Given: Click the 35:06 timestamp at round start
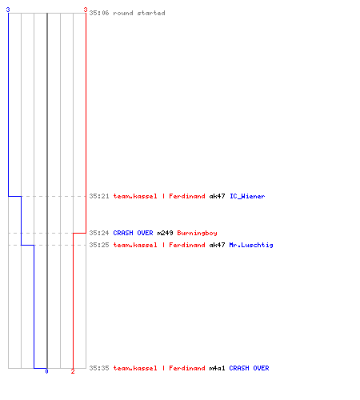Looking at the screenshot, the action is (x=99, y=13).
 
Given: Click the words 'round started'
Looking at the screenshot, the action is (x=139, y=13).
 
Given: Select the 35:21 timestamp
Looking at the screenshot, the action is (x=99, y=196).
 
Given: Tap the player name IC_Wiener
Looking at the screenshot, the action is (x=247, y=196).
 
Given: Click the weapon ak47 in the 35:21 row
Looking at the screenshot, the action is (x=217, y=196).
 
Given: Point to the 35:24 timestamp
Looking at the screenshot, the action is (x=99, y=233).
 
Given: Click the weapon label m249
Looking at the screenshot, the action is (x=165, y=233).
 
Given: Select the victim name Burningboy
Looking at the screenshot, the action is (x=197, y=233).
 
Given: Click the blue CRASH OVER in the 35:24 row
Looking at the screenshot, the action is (x=133, y=233).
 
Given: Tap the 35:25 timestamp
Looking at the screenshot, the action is (x=99, y=245).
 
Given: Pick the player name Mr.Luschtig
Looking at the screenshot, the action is (x=251, y=245).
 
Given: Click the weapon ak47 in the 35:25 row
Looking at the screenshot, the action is (x=217, y=245).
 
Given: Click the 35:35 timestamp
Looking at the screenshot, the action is (x=99, y=368).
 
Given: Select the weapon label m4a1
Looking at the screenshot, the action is (x=217, y=368).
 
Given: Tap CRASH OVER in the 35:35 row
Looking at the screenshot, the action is (x=249, y=368).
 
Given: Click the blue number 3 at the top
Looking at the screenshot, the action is (x=8, y=10).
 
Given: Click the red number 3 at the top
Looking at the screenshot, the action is (x=86, y=10).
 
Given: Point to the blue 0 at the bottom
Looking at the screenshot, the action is (x=46, y=371).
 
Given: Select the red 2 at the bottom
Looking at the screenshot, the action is (x=73, y=371).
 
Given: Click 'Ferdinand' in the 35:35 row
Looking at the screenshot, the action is (x=187, y=368).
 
